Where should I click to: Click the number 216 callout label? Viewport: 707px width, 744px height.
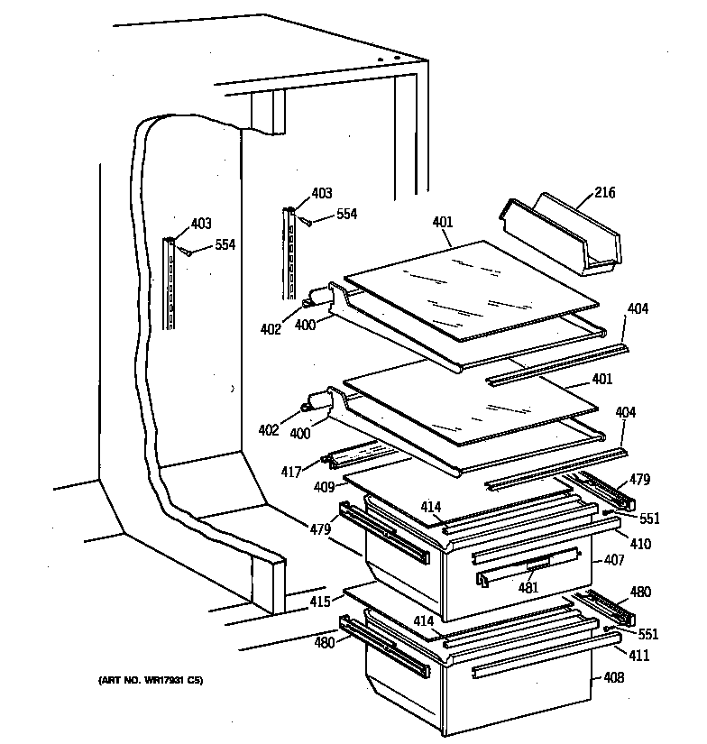[605, 193]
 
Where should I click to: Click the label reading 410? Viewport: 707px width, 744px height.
[640, 544]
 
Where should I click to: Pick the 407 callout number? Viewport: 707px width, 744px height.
[613, 560]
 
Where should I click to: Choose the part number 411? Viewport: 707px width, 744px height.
[638, 655]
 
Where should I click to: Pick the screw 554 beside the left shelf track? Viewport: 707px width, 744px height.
[187, 252]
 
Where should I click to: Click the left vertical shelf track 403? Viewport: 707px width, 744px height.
[170, 281]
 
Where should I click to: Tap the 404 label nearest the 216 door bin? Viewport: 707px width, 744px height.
[638, 309]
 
